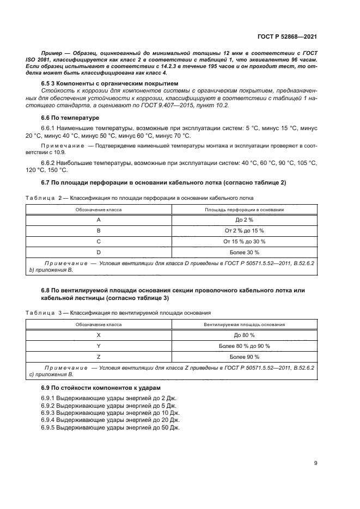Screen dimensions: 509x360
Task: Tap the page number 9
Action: click(x=316, y=463)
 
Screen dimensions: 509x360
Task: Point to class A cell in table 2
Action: click(x=99, y=219)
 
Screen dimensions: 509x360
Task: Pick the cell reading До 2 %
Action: click(x=244, y=219)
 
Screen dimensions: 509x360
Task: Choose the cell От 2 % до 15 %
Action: click(x=244, y=230)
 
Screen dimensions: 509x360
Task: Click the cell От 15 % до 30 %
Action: click(x=244, y=241)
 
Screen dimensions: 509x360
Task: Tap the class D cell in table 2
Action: click(x=99, y=252)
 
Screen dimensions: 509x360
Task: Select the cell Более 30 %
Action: click(x=244, y=252)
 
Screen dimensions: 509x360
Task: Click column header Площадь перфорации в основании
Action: click(x=244, y=209)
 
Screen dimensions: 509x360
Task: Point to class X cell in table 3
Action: click(x=99, y=335)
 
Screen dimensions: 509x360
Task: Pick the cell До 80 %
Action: click(x=244, y=335)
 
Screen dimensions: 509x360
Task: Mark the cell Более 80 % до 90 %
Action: click(x=244, y=346)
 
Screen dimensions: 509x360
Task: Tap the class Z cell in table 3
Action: click(x=99, y=357)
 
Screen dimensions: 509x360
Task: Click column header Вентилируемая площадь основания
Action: click(x=244, y=324)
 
